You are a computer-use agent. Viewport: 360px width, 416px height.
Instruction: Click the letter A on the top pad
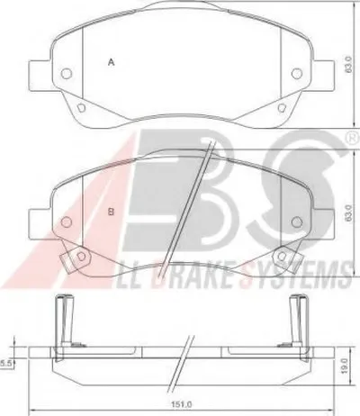112,62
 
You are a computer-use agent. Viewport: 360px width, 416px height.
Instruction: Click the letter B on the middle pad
111,213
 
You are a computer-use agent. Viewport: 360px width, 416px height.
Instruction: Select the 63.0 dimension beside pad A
348,64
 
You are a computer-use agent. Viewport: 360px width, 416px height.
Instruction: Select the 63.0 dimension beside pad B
348,213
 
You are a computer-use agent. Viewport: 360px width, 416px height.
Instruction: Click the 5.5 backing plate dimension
5,364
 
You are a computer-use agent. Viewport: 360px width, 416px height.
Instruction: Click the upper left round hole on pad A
66,73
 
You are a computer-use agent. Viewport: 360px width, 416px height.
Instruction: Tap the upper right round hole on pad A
297,73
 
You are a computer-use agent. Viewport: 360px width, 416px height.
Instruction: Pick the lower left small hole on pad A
81,108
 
